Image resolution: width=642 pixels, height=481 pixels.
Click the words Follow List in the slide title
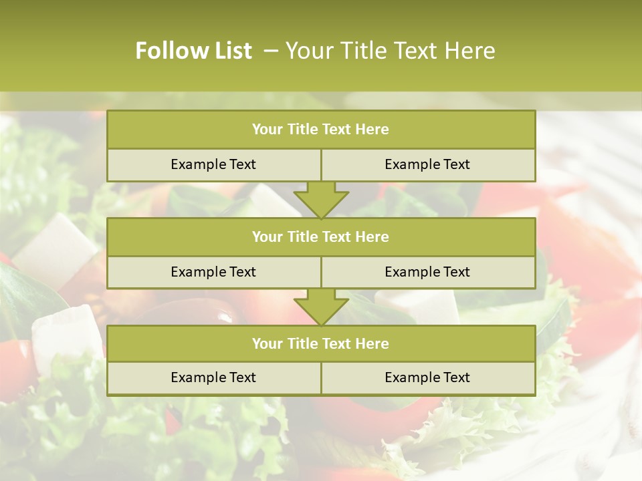coord(193,51)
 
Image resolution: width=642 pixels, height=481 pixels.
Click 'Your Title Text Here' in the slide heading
coord(390,51)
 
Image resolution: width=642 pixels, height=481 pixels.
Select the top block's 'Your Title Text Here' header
coord(320,130)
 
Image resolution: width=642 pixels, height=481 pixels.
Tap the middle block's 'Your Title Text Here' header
coord(320,236)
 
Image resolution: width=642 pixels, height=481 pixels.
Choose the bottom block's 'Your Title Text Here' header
coord(320,343)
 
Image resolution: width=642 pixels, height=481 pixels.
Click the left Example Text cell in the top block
coord(213,164)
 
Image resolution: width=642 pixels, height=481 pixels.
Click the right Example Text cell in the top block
coord(427,164)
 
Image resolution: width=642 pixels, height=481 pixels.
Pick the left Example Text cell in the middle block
coord(213,272)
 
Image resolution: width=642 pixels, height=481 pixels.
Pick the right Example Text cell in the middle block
coord(427,272)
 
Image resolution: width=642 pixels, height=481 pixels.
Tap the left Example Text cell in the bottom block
coord(213,377)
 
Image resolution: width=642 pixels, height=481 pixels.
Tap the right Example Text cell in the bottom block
coord(427,377)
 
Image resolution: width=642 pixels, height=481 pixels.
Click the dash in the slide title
coord(271,51)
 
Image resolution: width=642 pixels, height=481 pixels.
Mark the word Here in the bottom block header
coord(372,343)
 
